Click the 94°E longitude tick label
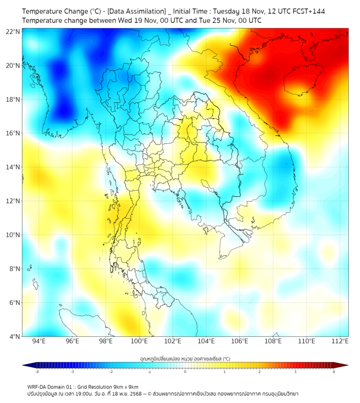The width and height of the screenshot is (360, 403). pos(39,342)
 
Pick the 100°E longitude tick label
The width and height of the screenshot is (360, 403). pos(140,342)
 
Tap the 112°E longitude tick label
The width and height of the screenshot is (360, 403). pos(340,342)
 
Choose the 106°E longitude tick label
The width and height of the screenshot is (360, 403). pos(240,342)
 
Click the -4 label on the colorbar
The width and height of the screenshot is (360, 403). pos(36,372)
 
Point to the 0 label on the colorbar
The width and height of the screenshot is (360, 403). pos(185,372)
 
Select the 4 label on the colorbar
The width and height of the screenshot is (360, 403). pos(334,372)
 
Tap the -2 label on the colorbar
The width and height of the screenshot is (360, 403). pos(110,372)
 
